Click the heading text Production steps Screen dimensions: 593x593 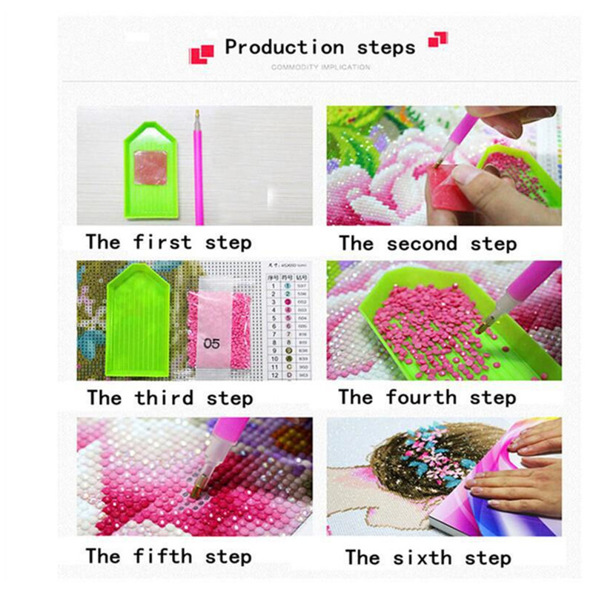319,47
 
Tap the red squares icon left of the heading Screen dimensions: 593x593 201,53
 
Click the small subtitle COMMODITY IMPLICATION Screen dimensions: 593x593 320,67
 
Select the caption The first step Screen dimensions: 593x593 168,242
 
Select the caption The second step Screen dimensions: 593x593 428,243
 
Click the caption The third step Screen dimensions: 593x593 169,397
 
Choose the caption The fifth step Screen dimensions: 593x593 168,555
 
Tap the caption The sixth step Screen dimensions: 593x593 428,557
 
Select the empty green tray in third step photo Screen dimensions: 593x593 138,319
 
